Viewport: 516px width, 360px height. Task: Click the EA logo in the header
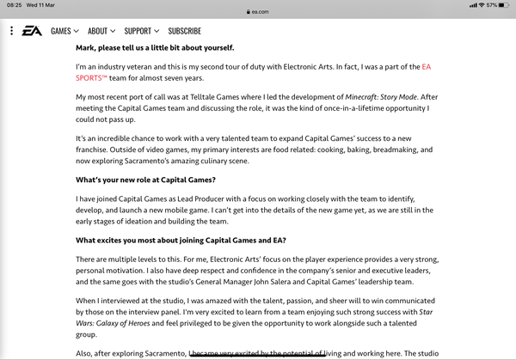(32, 30)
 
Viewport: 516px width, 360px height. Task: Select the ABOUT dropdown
(101, 31)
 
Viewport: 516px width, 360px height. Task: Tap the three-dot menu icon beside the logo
(11, 31)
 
